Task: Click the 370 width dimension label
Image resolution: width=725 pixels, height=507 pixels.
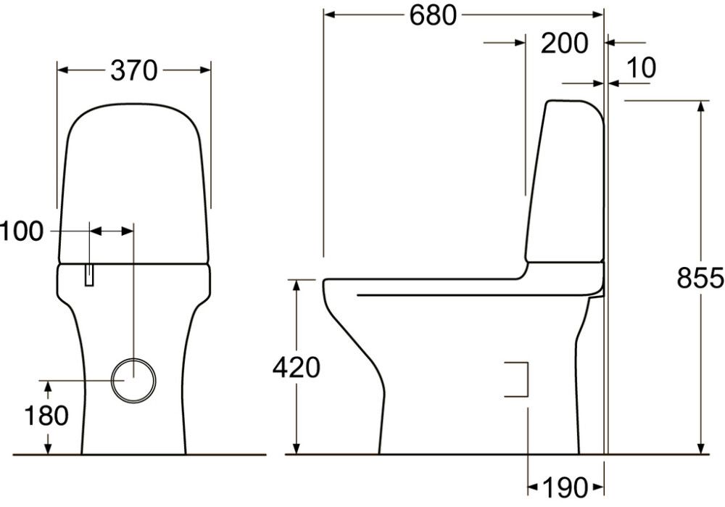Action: click(134, 70)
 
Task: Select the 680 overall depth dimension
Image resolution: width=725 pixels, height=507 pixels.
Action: click(433, 15)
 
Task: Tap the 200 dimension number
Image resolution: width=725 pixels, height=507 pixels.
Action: click(565, 44)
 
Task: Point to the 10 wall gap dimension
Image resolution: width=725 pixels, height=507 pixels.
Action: click(640, 67)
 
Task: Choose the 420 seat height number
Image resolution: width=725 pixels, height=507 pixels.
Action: click(296, 368)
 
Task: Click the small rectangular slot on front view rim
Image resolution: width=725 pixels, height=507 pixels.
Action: click(89, 274)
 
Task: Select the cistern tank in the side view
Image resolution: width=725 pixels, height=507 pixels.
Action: click(565, 181)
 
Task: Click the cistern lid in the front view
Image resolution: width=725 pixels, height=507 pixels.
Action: click(133, 181)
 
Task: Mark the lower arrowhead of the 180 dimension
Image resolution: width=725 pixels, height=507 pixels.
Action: click(48, 449)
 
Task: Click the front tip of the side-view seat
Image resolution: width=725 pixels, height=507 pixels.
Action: click(326, 285)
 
